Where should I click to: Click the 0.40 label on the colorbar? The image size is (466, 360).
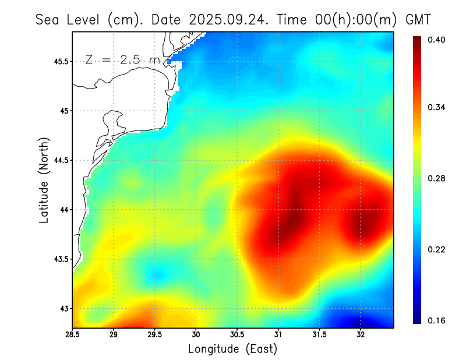(437, 40)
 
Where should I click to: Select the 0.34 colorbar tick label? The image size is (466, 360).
(437, 108)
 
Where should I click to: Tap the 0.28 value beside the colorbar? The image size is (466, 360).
(437, 178)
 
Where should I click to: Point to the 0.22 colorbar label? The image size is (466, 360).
(437, 249)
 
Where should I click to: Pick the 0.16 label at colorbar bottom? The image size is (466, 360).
(437, 320)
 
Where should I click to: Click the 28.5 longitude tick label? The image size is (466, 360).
(73, 335)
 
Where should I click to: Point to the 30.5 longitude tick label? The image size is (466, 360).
(237, 335)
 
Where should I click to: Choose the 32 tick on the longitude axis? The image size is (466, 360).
(361, 335)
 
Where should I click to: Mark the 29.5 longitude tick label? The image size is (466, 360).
(155, 335)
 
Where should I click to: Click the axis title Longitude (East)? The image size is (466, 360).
(232, 349)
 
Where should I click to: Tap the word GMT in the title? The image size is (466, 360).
(418, 19)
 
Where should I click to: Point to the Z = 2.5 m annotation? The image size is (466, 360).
(122, 59)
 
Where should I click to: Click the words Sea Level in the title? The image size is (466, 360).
(69, 19)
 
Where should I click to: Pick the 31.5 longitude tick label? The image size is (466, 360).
(319, 335)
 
